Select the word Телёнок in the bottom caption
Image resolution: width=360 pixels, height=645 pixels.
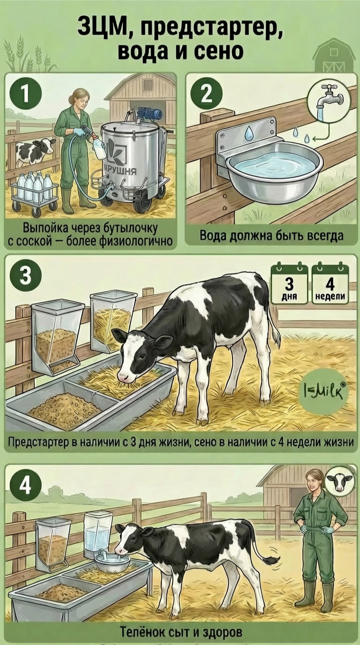[142, 632]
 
